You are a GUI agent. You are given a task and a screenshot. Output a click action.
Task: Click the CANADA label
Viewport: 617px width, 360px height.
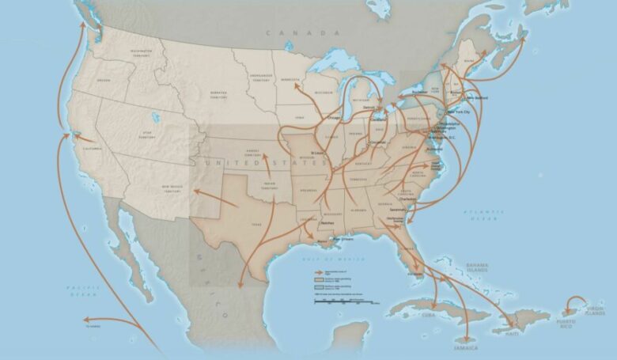(x=291, y=32)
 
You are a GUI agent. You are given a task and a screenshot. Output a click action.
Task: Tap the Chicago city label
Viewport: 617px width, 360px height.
(x=335, y=117)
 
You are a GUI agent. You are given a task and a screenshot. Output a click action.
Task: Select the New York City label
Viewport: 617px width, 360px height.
(x=460, y=112)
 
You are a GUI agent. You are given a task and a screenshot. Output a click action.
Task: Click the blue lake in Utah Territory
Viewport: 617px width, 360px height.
(x=154, y=116)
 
